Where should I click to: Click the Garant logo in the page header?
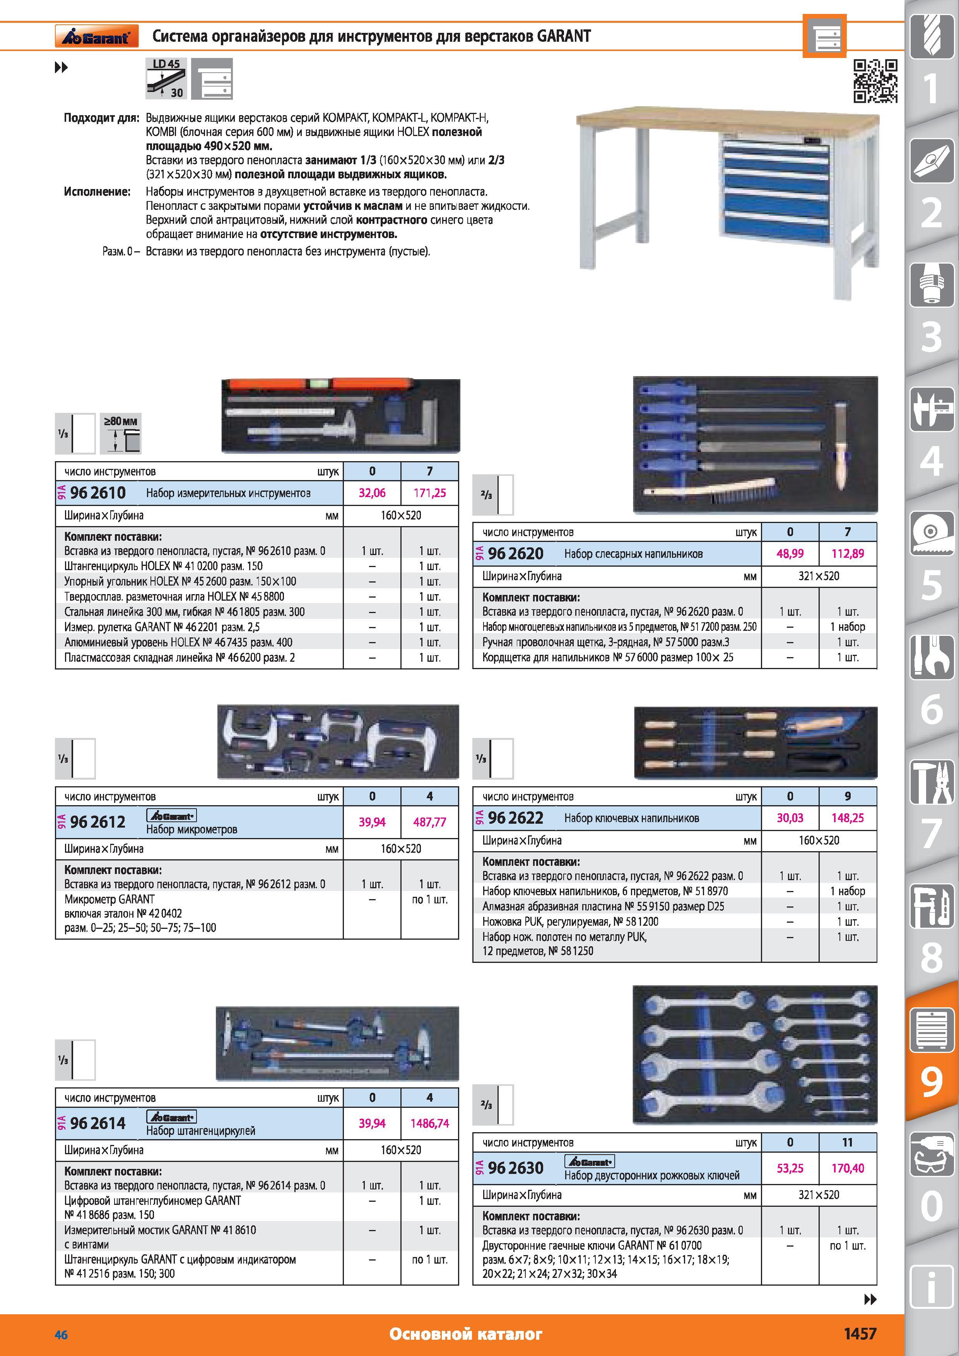97,36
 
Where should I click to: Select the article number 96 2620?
516,554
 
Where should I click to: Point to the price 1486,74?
429,1123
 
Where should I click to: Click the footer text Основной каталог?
466,1334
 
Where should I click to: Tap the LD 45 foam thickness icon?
166,78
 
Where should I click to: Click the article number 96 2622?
516,818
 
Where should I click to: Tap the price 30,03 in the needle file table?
790,818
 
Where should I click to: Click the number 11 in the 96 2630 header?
847,1142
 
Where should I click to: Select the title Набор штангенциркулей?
201,1130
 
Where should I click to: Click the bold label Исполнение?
97,191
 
